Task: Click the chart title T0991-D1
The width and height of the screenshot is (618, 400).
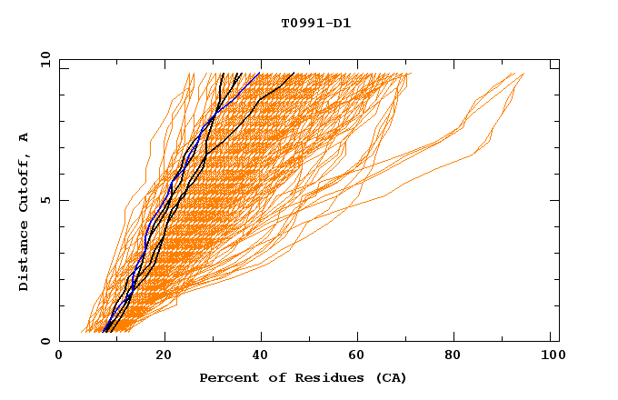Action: [315, 23]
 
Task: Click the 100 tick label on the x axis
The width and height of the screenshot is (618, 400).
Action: [551, 357]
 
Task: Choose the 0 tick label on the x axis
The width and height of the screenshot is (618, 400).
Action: [59, 357]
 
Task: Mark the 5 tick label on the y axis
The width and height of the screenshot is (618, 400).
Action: [45, 200]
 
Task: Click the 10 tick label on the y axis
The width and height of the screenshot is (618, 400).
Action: [42, 59]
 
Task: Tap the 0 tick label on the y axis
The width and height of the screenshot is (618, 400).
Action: [45, 342]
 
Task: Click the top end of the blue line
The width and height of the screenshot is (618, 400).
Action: [260, 73]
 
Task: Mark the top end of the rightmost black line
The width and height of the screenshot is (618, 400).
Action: [294, 74]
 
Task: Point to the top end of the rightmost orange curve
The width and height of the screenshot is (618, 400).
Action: [523, 74]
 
